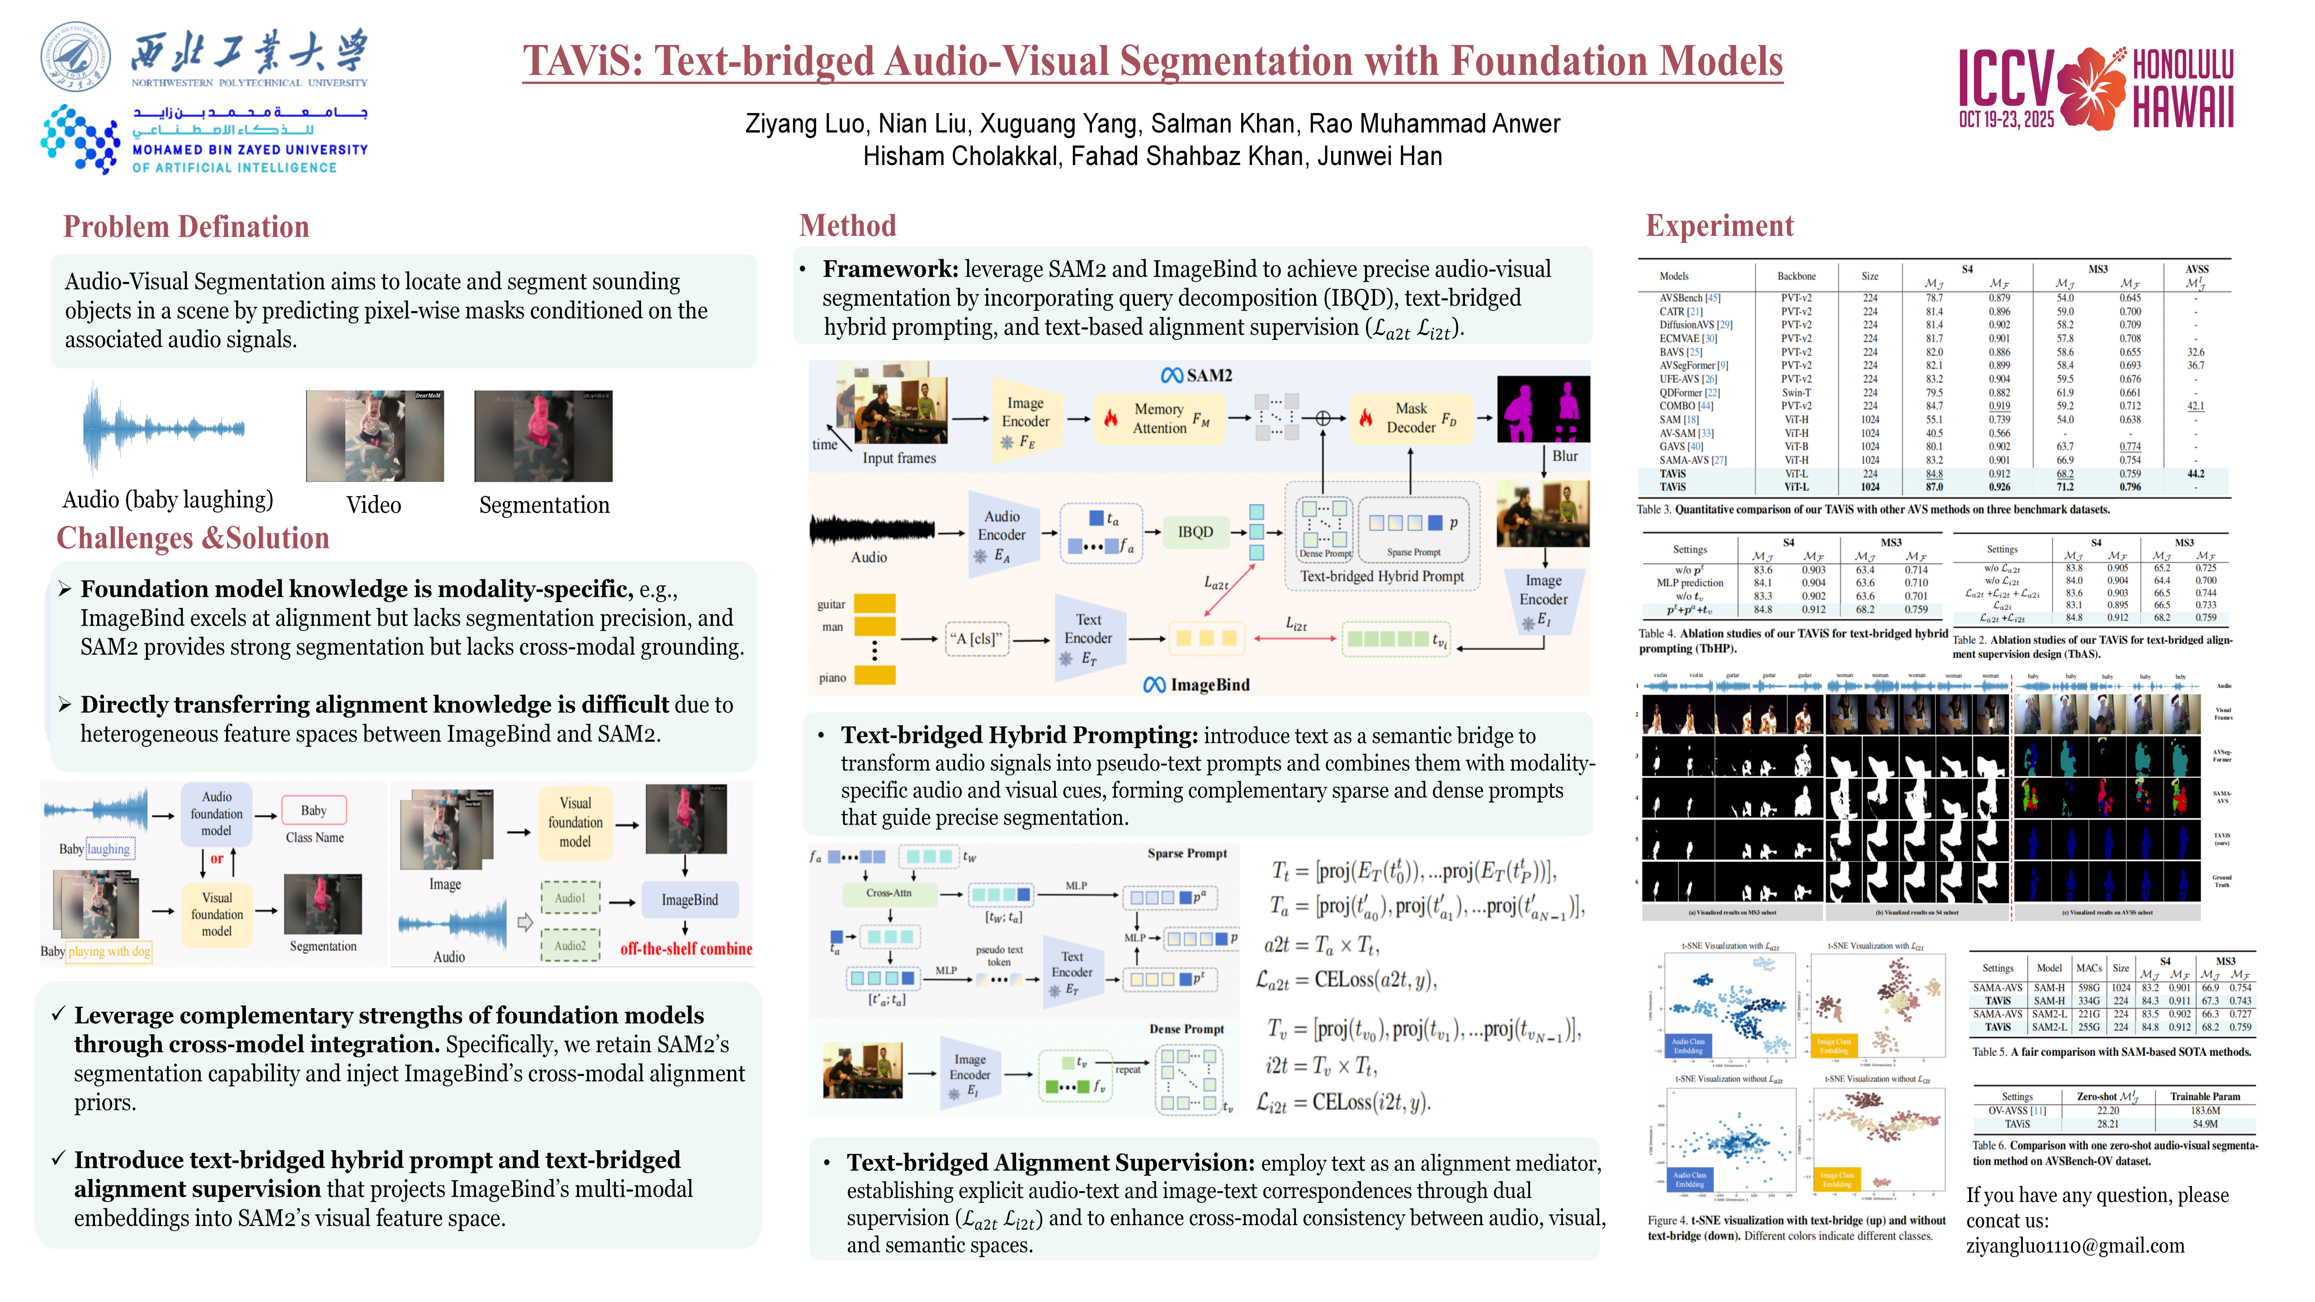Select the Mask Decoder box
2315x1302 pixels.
coord(1410,418)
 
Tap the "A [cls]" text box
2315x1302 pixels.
coord(975,639)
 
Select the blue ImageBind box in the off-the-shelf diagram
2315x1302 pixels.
coord(689,900)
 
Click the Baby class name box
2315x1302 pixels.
coord(314,811)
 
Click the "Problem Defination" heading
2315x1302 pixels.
coord(186,227)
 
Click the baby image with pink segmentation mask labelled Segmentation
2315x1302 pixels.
coord(543,437)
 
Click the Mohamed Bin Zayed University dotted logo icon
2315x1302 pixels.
coord(80,139)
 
